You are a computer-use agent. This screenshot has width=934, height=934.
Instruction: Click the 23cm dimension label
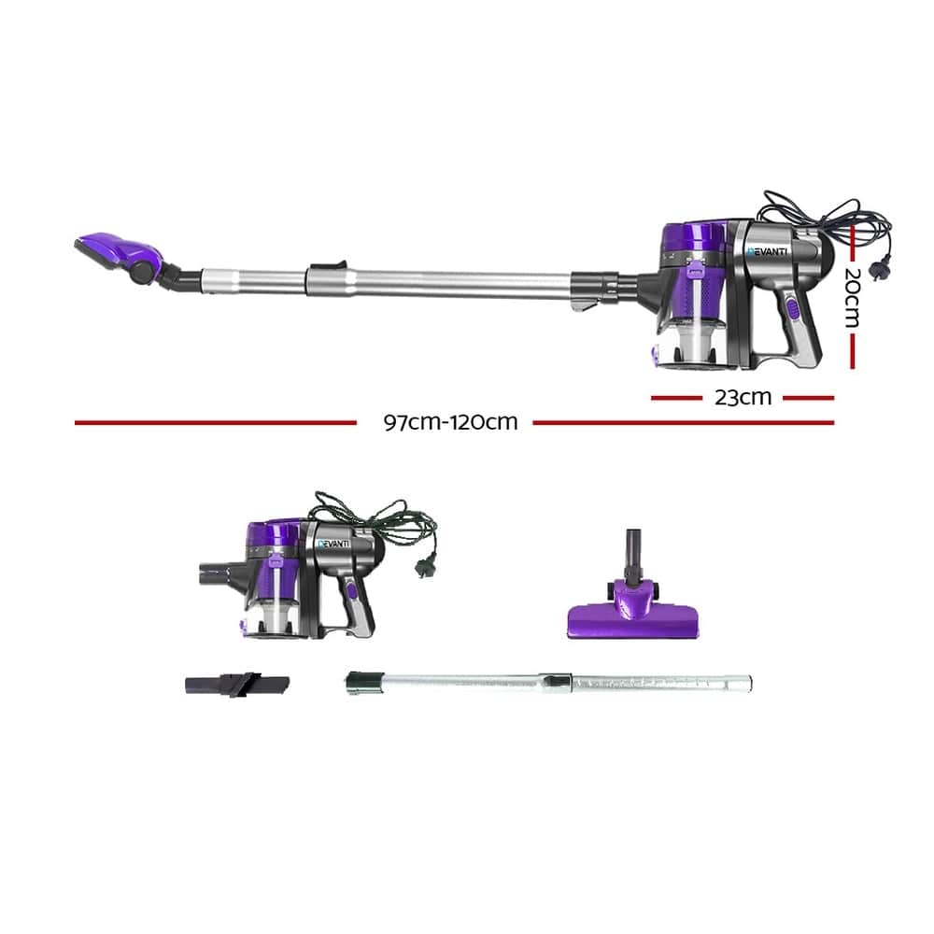[743, 397]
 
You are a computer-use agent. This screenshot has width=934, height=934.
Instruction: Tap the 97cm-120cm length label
[450, 421]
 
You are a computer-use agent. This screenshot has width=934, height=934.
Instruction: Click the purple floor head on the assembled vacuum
[117, 252]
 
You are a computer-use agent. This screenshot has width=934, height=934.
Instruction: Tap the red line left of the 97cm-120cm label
[215, 422]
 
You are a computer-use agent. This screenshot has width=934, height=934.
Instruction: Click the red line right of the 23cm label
[808, 397]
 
